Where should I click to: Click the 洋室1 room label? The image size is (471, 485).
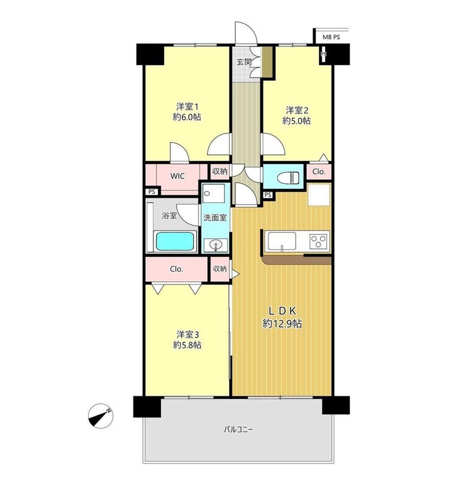coord(187,107)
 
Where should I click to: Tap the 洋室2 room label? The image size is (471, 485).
coord(297,110)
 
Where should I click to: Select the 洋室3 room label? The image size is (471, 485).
coord(187,335)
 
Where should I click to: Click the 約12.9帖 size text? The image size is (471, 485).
coord(282,323)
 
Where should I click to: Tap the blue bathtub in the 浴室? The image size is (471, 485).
coord(175,241)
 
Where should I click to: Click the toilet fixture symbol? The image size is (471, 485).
coord(288,179)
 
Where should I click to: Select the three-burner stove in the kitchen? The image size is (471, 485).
coord(318,241)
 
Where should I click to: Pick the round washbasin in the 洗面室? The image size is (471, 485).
coord(215,246)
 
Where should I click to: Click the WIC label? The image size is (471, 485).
coord(177,177)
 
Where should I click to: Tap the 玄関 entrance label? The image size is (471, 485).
coord(244,62)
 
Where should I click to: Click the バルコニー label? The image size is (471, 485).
coord(239,429)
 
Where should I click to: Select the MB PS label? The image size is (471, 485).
coord(331,37)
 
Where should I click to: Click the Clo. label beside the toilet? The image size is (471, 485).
coord(319,171)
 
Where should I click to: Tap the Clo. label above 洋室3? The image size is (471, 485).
coord(177,269)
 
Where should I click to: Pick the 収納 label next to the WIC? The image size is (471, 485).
coord(220,171)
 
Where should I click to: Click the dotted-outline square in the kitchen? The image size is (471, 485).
coord(319,194)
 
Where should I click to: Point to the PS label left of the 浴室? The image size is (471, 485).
coord(152,192)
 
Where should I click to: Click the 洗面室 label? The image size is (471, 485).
coord(215,218)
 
